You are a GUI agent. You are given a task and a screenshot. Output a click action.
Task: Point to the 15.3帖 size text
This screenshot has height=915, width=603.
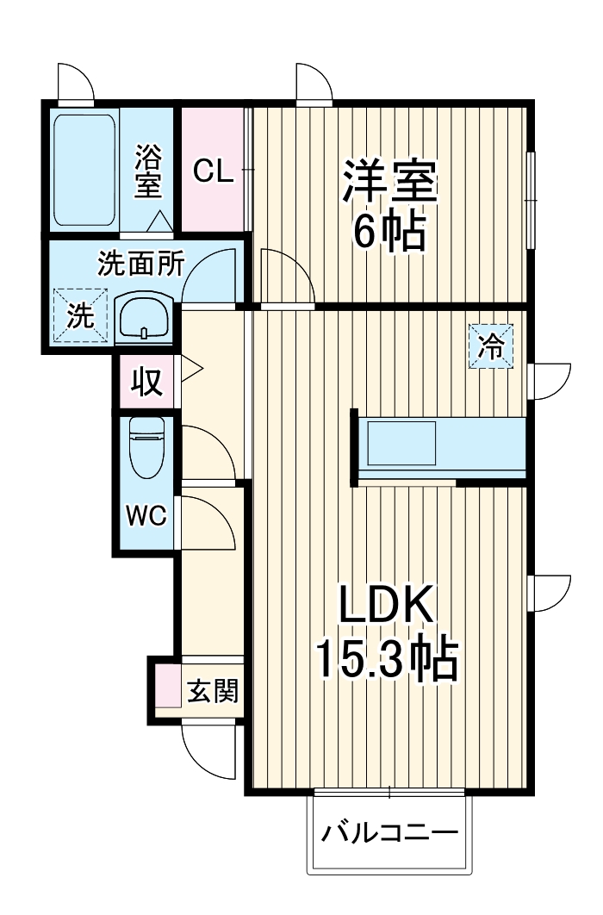click(x=384, y=660)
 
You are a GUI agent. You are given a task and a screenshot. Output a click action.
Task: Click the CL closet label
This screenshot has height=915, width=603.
click(x=212, y=171)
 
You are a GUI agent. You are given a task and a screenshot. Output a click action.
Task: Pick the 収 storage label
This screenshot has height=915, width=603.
click(x=146, y=381)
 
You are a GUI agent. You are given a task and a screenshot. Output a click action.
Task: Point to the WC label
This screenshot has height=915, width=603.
click(x=146, y=515)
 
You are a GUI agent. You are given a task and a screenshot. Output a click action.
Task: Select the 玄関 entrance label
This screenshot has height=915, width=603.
click(x=211, y=690)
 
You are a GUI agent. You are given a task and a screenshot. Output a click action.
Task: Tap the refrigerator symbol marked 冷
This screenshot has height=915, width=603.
click(x=491, y=346)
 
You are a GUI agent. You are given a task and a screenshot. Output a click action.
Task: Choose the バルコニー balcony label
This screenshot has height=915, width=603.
click(x=389, y=834)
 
